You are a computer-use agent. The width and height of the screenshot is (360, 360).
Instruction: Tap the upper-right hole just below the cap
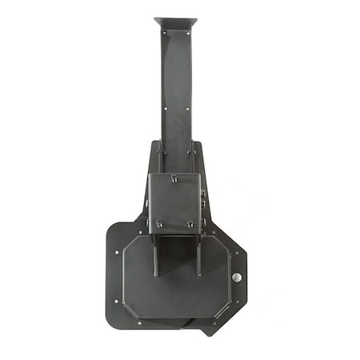pos(189,34)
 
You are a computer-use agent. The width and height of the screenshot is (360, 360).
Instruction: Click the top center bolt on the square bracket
pos(174,178)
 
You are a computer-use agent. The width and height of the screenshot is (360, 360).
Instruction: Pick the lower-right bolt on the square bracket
pos(190,224)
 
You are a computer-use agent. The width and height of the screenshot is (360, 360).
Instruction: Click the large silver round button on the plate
pos(236,277)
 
